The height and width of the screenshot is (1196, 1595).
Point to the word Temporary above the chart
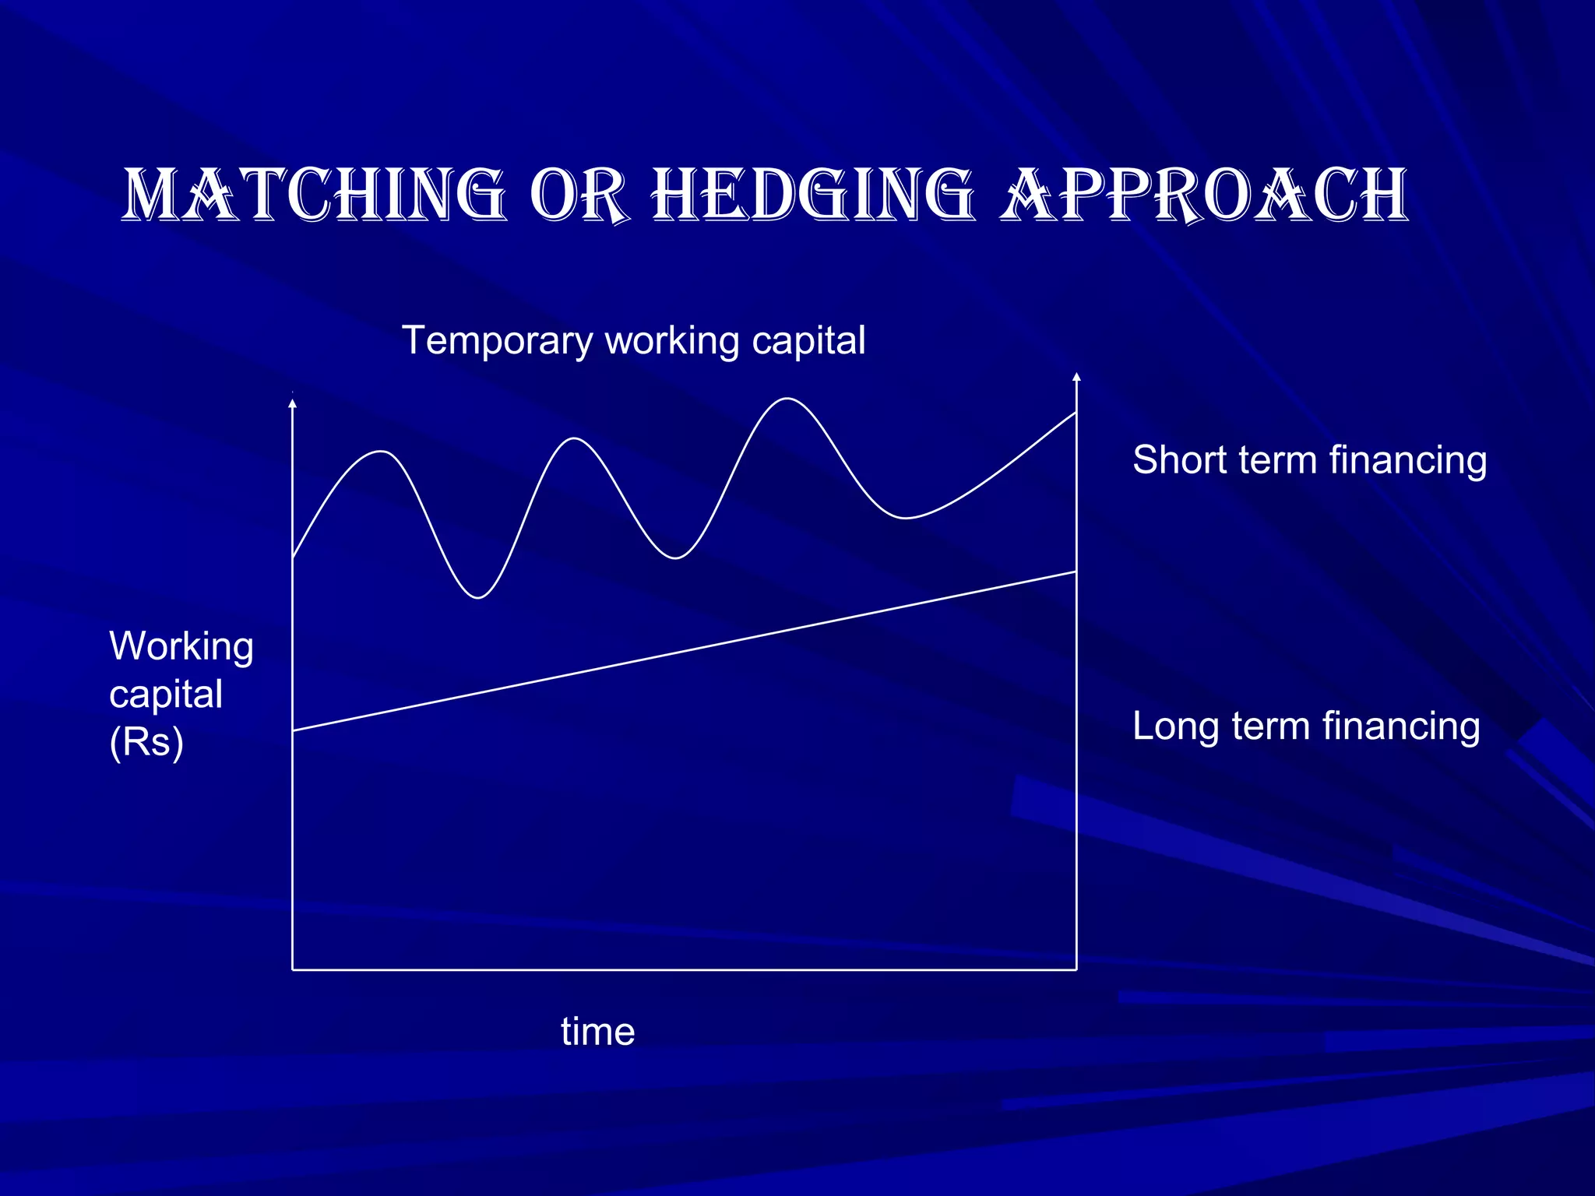click(497, 341)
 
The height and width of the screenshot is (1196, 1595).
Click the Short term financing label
click(1309, 459)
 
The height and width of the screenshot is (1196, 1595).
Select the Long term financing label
click(1305, 726)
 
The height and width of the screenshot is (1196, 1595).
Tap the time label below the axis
click(597, 1032)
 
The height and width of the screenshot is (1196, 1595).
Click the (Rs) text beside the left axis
click(146, 742)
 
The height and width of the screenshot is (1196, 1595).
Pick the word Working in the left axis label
click(181, 646)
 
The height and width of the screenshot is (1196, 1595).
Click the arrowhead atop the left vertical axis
click(293, 403)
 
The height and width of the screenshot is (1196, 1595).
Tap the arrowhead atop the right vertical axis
click(1076, 378)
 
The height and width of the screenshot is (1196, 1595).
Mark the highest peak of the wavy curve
click(787, 399)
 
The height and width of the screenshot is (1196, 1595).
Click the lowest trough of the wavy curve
click(478, 598)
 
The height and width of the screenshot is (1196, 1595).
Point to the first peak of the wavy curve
click(381, 452)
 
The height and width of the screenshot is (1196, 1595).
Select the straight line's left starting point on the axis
click(293, 730)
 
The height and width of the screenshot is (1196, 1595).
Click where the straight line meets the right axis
click(1076, 572)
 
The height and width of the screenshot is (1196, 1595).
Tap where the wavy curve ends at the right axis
click(1076, 413)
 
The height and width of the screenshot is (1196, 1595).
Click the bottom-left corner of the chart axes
click(293, 969)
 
